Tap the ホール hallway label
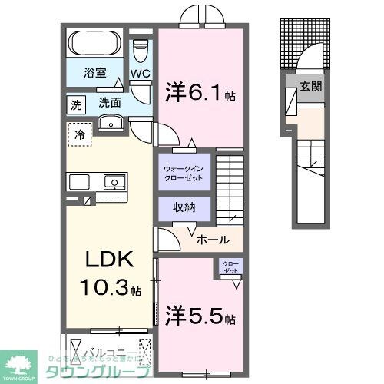coord(212,239)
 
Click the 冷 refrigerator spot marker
coord(79,134)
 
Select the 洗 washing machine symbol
coord(75,103)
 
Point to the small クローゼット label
coord(230,267)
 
